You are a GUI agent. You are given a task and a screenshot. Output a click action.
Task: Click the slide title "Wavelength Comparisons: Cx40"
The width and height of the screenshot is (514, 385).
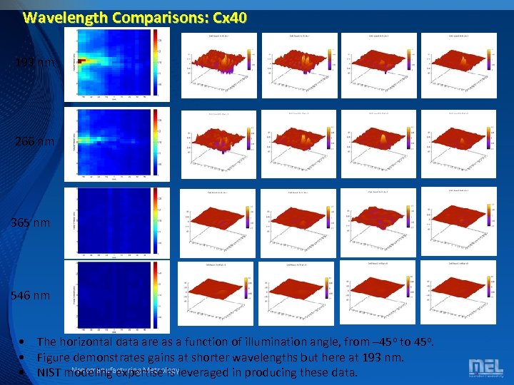coord(135,17)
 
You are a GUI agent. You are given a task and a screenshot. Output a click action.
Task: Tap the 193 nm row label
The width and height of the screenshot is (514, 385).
coord(34,63)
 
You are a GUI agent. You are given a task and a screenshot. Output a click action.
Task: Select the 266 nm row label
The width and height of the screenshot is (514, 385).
coord(34,142)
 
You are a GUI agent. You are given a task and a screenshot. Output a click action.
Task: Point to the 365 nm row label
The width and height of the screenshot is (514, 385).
coord(31,223)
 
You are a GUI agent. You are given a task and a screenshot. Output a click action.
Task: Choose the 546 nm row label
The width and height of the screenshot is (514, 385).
coord(31,294)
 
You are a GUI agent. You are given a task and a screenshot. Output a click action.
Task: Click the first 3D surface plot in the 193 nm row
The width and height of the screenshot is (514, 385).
coord(218,66)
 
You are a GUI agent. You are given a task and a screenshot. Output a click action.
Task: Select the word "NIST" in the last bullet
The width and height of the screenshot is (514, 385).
coord(49,372)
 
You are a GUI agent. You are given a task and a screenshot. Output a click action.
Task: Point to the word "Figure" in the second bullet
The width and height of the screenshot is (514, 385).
coord(54,357)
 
